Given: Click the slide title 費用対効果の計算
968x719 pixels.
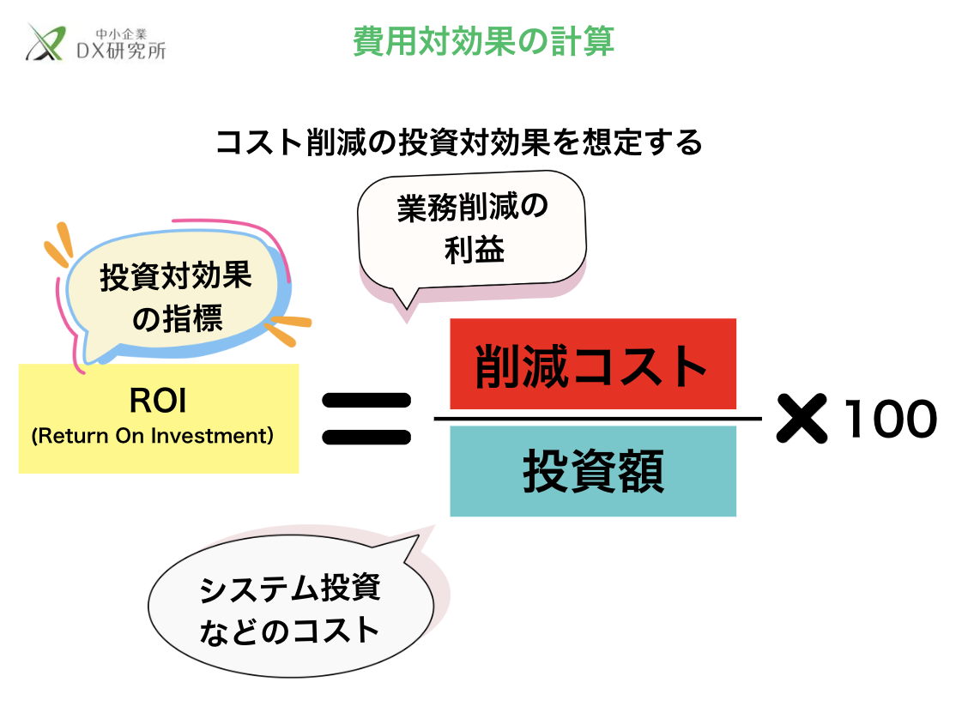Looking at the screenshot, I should [483, 41].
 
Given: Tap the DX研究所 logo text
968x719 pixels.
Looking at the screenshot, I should [121, 51].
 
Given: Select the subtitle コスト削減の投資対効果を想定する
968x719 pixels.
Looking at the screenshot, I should [459, 142].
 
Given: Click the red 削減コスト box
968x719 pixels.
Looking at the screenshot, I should [592, 365].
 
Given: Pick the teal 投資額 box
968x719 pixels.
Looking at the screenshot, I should [592, 472].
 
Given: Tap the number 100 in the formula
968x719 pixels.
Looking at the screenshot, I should [889, 420].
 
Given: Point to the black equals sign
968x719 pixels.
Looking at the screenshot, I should [366, 420].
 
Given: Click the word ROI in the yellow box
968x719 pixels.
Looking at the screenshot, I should [158, 400].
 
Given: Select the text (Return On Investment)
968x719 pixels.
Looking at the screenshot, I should [153, 436].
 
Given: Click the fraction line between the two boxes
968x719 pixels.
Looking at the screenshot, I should [598, 419].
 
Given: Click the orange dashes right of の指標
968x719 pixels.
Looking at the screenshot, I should [287, 329].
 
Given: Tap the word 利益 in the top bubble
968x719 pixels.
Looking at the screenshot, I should [474, 249].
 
